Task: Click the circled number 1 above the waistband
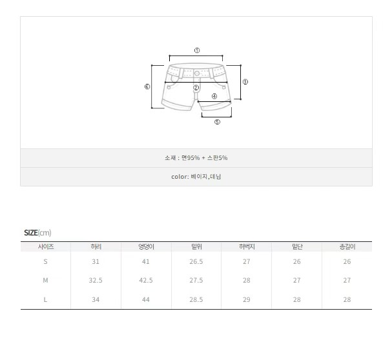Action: point(197,50)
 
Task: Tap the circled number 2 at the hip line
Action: point(196,88)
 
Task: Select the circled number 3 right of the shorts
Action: point(245,82)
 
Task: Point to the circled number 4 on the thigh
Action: point(214,96)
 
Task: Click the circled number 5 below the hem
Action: point(217,122)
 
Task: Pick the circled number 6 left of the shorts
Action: point(147,86)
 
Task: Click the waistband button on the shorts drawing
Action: point(197,73)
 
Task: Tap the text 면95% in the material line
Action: point(191,158)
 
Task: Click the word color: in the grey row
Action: point(180,177)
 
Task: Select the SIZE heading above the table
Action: point(31,233)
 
